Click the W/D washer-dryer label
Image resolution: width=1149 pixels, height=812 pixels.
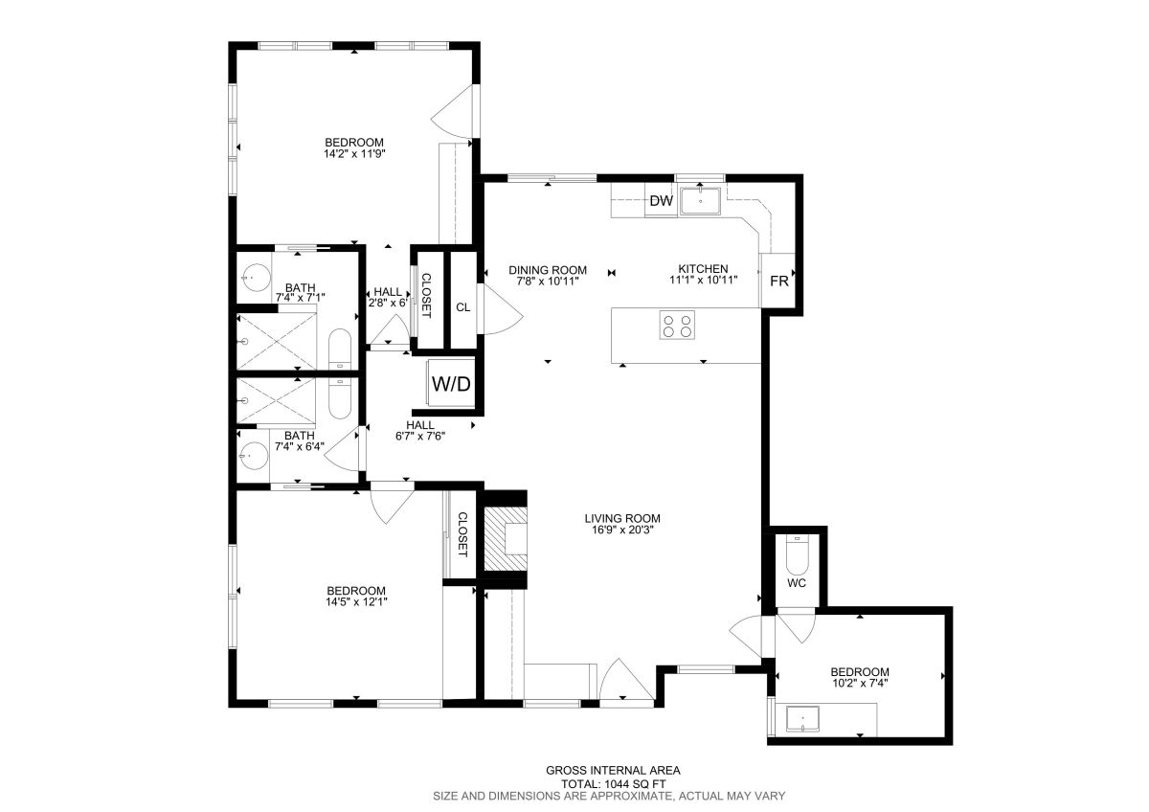pyautogui.click(x=451, y=384)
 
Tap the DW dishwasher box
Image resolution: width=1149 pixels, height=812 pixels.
pyautogui.click(x=661, y=200)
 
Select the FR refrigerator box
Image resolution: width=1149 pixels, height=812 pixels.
pyautogui.click(x=778, y=281)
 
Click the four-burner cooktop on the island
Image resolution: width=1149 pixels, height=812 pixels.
pyautogui.click(x=677, y=325)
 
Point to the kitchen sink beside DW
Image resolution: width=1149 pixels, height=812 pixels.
pyautogui.click(x=700, y=200)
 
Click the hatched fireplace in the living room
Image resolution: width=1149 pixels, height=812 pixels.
pyautogui.click(x=506, y=538)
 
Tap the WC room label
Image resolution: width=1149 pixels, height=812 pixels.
pyautogui.click(x=797, y=583)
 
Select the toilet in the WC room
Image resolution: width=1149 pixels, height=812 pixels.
pyautogui.click(x=797, y=555)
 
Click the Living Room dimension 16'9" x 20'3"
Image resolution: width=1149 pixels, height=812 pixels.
pyautogui.click(x=622, y=530)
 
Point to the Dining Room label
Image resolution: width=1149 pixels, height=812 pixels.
pyautogui.click(x=548, y=270)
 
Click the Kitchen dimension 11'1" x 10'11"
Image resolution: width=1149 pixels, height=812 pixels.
pyautogui.click(x=703, y=280)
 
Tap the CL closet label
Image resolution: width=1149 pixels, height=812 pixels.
pyautogui.click(x=463, y=307)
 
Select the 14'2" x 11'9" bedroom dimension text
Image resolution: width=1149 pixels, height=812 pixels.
pyautogui.click(x=354, y=153)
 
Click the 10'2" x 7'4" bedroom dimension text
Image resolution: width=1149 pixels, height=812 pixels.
pyautogui.click(x=860, y=683)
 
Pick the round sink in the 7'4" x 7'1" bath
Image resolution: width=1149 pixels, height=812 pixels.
pyautogui.click(x=256, y=279)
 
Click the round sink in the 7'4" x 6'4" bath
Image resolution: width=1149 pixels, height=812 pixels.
pyautogui.click(x=254, y=456)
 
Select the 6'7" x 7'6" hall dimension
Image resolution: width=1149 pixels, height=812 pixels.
pyautogui.click(x=420, y=436)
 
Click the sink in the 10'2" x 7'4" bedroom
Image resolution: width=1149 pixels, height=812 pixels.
pyautogui.click(x=802, y=719)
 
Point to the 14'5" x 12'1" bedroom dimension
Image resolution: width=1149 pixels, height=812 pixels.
pyautogui.click(x=356, y=601)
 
